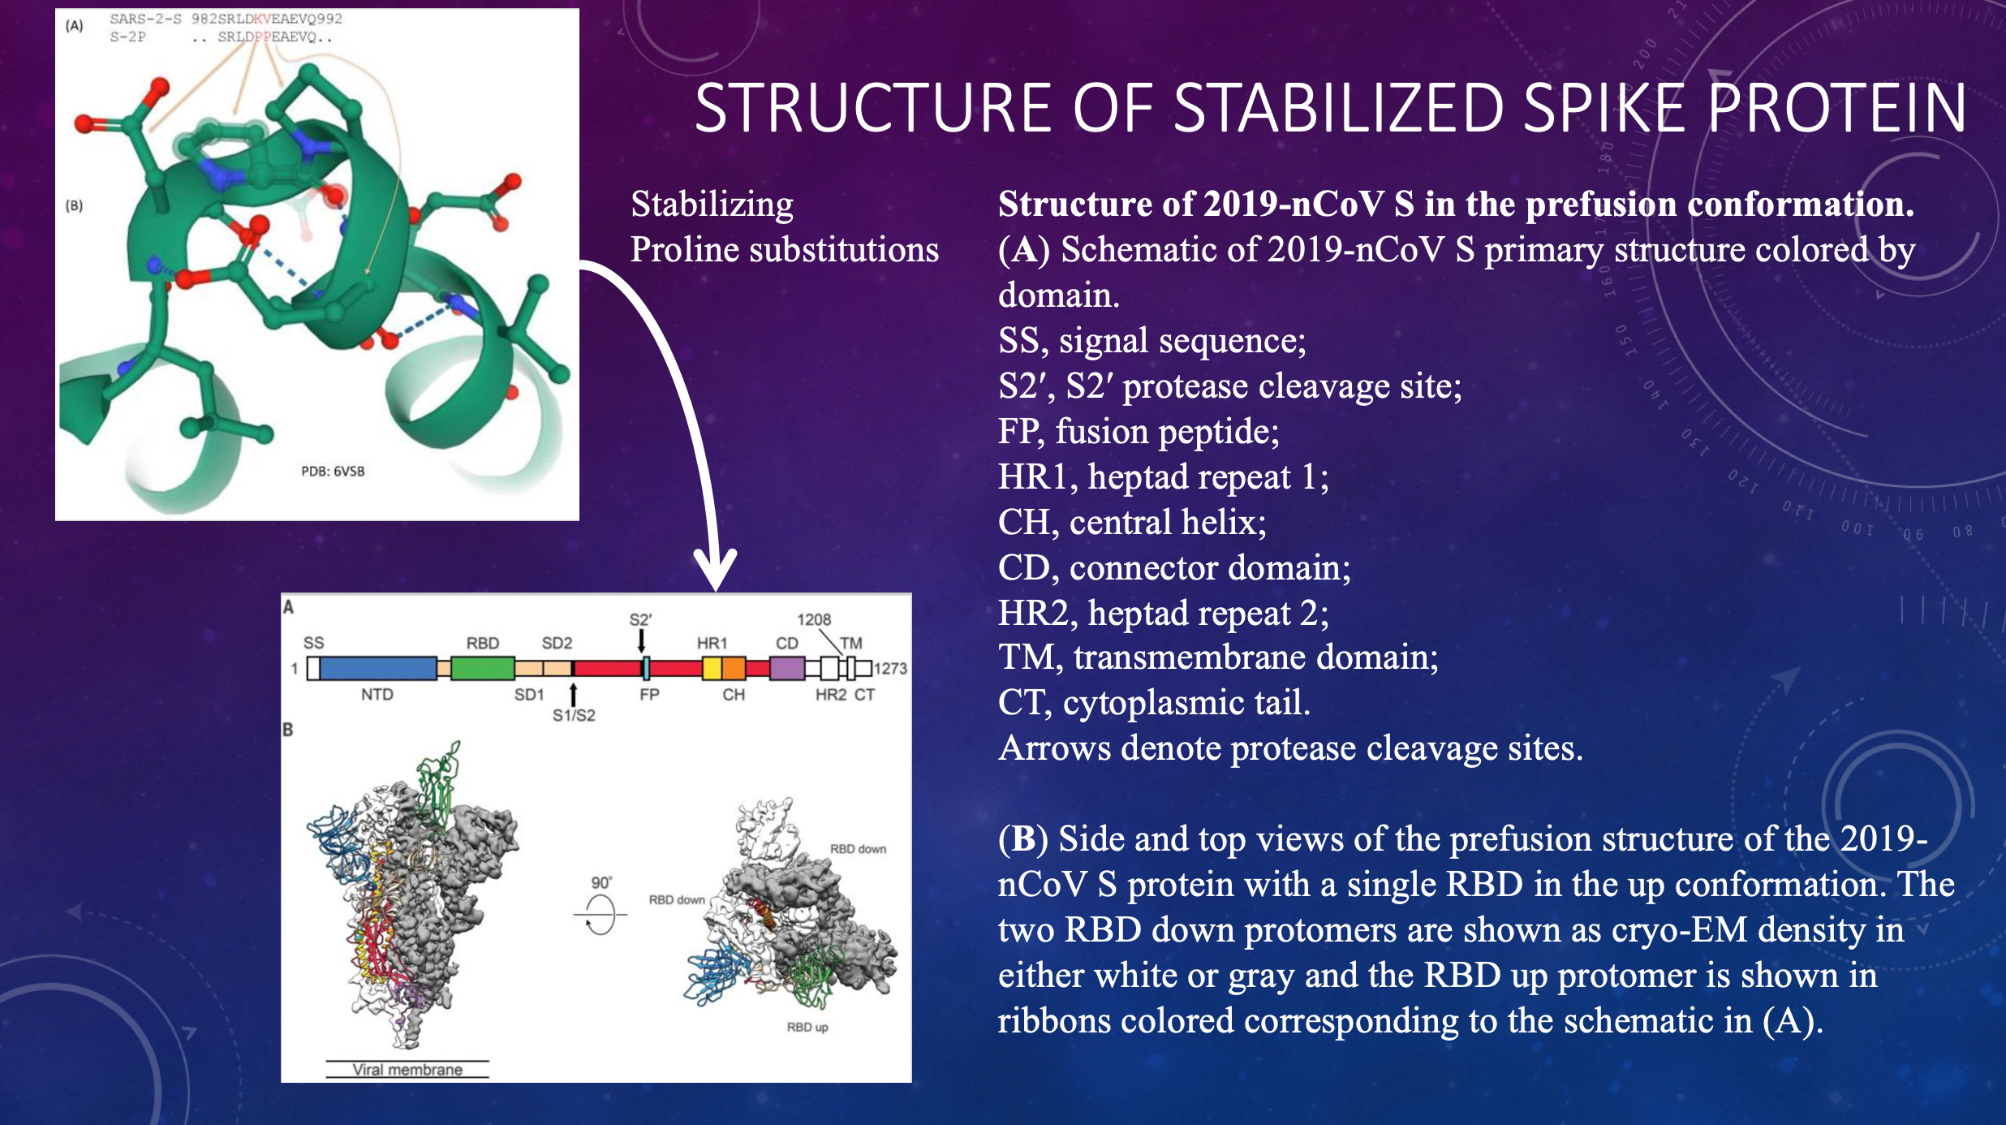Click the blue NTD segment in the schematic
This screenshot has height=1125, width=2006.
click(378, 668)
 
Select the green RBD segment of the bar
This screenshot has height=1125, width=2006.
click(482, 668)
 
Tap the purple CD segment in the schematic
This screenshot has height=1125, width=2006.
click(786, 668)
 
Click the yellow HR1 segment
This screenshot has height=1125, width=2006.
click(712, 668)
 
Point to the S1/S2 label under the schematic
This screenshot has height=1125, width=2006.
click(574, 715)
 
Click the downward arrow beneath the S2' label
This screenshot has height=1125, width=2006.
click(641, 641)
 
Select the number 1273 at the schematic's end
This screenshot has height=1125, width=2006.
click(890, 668)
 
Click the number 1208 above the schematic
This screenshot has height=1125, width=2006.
click(814, 619)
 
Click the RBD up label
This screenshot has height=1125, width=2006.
click(807, 1027)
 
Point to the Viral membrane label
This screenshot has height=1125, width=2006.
click(407, 1070)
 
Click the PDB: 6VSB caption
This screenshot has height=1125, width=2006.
click(333, 471)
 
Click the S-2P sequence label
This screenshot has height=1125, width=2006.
click(127, 37)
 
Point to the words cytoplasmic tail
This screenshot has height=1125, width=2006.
click(1186, 702)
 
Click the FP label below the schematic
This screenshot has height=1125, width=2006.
click(649, 695)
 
